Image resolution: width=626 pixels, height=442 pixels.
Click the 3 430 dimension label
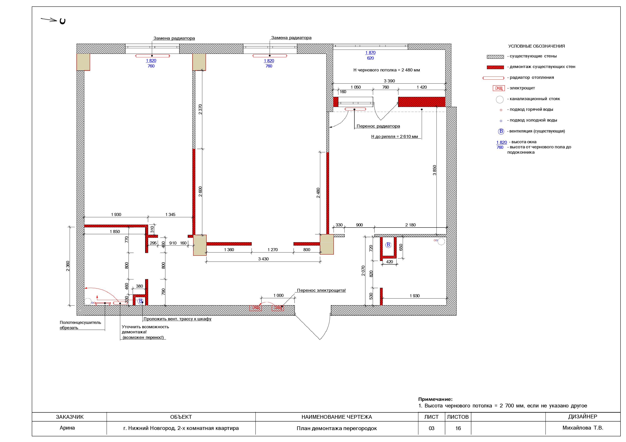click(263, 259)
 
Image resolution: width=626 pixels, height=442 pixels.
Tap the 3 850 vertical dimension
click(434, 170)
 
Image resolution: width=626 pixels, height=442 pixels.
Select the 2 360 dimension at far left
click(68, 266)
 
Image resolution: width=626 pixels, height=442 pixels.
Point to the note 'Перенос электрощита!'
click(321, 290)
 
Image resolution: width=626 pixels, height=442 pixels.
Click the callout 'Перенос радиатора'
click(378, 126)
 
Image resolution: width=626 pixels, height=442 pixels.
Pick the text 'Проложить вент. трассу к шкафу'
click(178, 319)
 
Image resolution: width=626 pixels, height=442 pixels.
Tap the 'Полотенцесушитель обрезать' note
click(80, 325)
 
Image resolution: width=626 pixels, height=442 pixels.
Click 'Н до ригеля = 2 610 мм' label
click(395, 136)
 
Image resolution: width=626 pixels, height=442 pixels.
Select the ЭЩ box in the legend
click(499, 88)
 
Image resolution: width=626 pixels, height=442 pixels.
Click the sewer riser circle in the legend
click(500, 99)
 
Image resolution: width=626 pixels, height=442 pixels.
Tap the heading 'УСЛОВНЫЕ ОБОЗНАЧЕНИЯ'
click(536, 46)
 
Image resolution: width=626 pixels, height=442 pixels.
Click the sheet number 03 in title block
click(431, 428)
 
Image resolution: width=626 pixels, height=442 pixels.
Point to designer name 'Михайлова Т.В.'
click(583, 428)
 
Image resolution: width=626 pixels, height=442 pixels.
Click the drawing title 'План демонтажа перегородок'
click(337, 428)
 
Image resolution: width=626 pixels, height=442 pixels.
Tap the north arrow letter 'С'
click(62, 21)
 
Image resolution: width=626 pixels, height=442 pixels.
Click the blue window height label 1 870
click(371, 53)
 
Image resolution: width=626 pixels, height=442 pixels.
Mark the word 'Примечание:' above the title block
click(435, 399)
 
